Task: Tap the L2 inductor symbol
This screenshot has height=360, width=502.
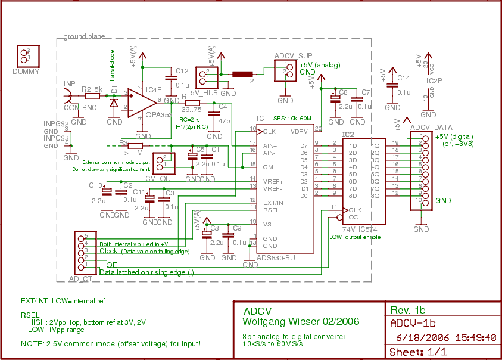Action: pyautogui.click(x=242, y=74)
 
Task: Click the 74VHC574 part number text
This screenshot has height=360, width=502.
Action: pyautogui.click(x=361, y=228)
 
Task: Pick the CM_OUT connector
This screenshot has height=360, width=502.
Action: pyautogui.click(x=164, y=162)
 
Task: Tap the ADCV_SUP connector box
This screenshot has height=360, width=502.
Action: pyautogui.click(x=285, y=71)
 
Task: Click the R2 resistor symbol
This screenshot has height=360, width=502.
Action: pyautogui.click(x=92, y=95)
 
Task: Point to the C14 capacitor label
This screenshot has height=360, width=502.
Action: pyautogui.click(x=403, y=78)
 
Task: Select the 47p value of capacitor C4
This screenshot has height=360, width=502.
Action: pyautogui.click(x=224, y=120)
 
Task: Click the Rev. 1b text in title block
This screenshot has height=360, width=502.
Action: pyautogui.click(x=408, y=310)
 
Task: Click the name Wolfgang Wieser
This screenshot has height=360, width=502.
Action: pyautogui.click(x=280, y=321)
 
